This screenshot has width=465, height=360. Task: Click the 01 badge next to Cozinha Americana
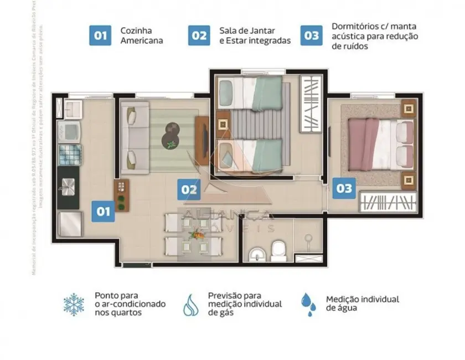100,35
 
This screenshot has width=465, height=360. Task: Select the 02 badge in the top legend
199,35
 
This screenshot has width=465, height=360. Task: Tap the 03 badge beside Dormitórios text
312,35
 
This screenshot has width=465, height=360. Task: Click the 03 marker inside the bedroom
344,188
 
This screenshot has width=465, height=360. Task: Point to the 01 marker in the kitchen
104,211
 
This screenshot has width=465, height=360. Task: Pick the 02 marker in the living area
189,190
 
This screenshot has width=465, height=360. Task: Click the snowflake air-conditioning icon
74,305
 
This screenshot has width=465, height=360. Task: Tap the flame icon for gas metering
191,305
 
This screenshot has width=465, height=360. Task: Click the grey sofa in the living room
135,133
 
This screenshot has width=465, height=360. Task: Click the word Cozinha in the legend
136,30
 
